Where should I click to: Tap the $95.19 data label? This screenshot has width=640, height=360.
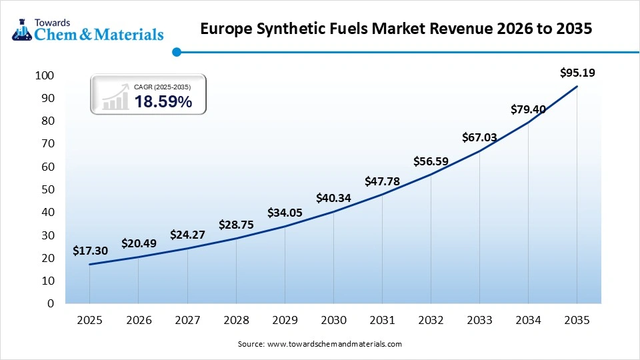[577, 72]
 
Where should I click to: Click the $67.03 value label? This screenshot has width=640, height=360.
[480, 137]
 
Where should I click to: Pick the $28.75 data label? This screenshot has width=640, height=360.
[236, 225]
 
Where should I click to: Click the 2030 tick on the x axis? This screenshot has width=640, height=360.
[333, 320]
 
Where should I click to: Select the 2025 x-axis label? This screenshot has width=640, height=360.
[89, 320]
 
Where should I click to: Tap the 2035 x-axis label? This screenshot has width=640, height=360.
[577, 320]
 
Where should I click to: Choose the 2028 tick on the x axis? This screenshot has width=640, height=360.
[236, 320]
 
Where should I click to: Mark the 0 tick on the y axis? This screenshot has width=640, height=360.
[50, 303]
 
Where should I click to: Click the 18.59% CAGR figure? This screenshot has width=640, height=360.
[163, 102]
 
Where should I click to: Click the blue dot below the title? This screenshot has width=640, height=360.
[177, 51]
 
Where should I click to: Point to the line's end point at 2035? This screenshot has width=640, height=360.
[577, 86]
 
